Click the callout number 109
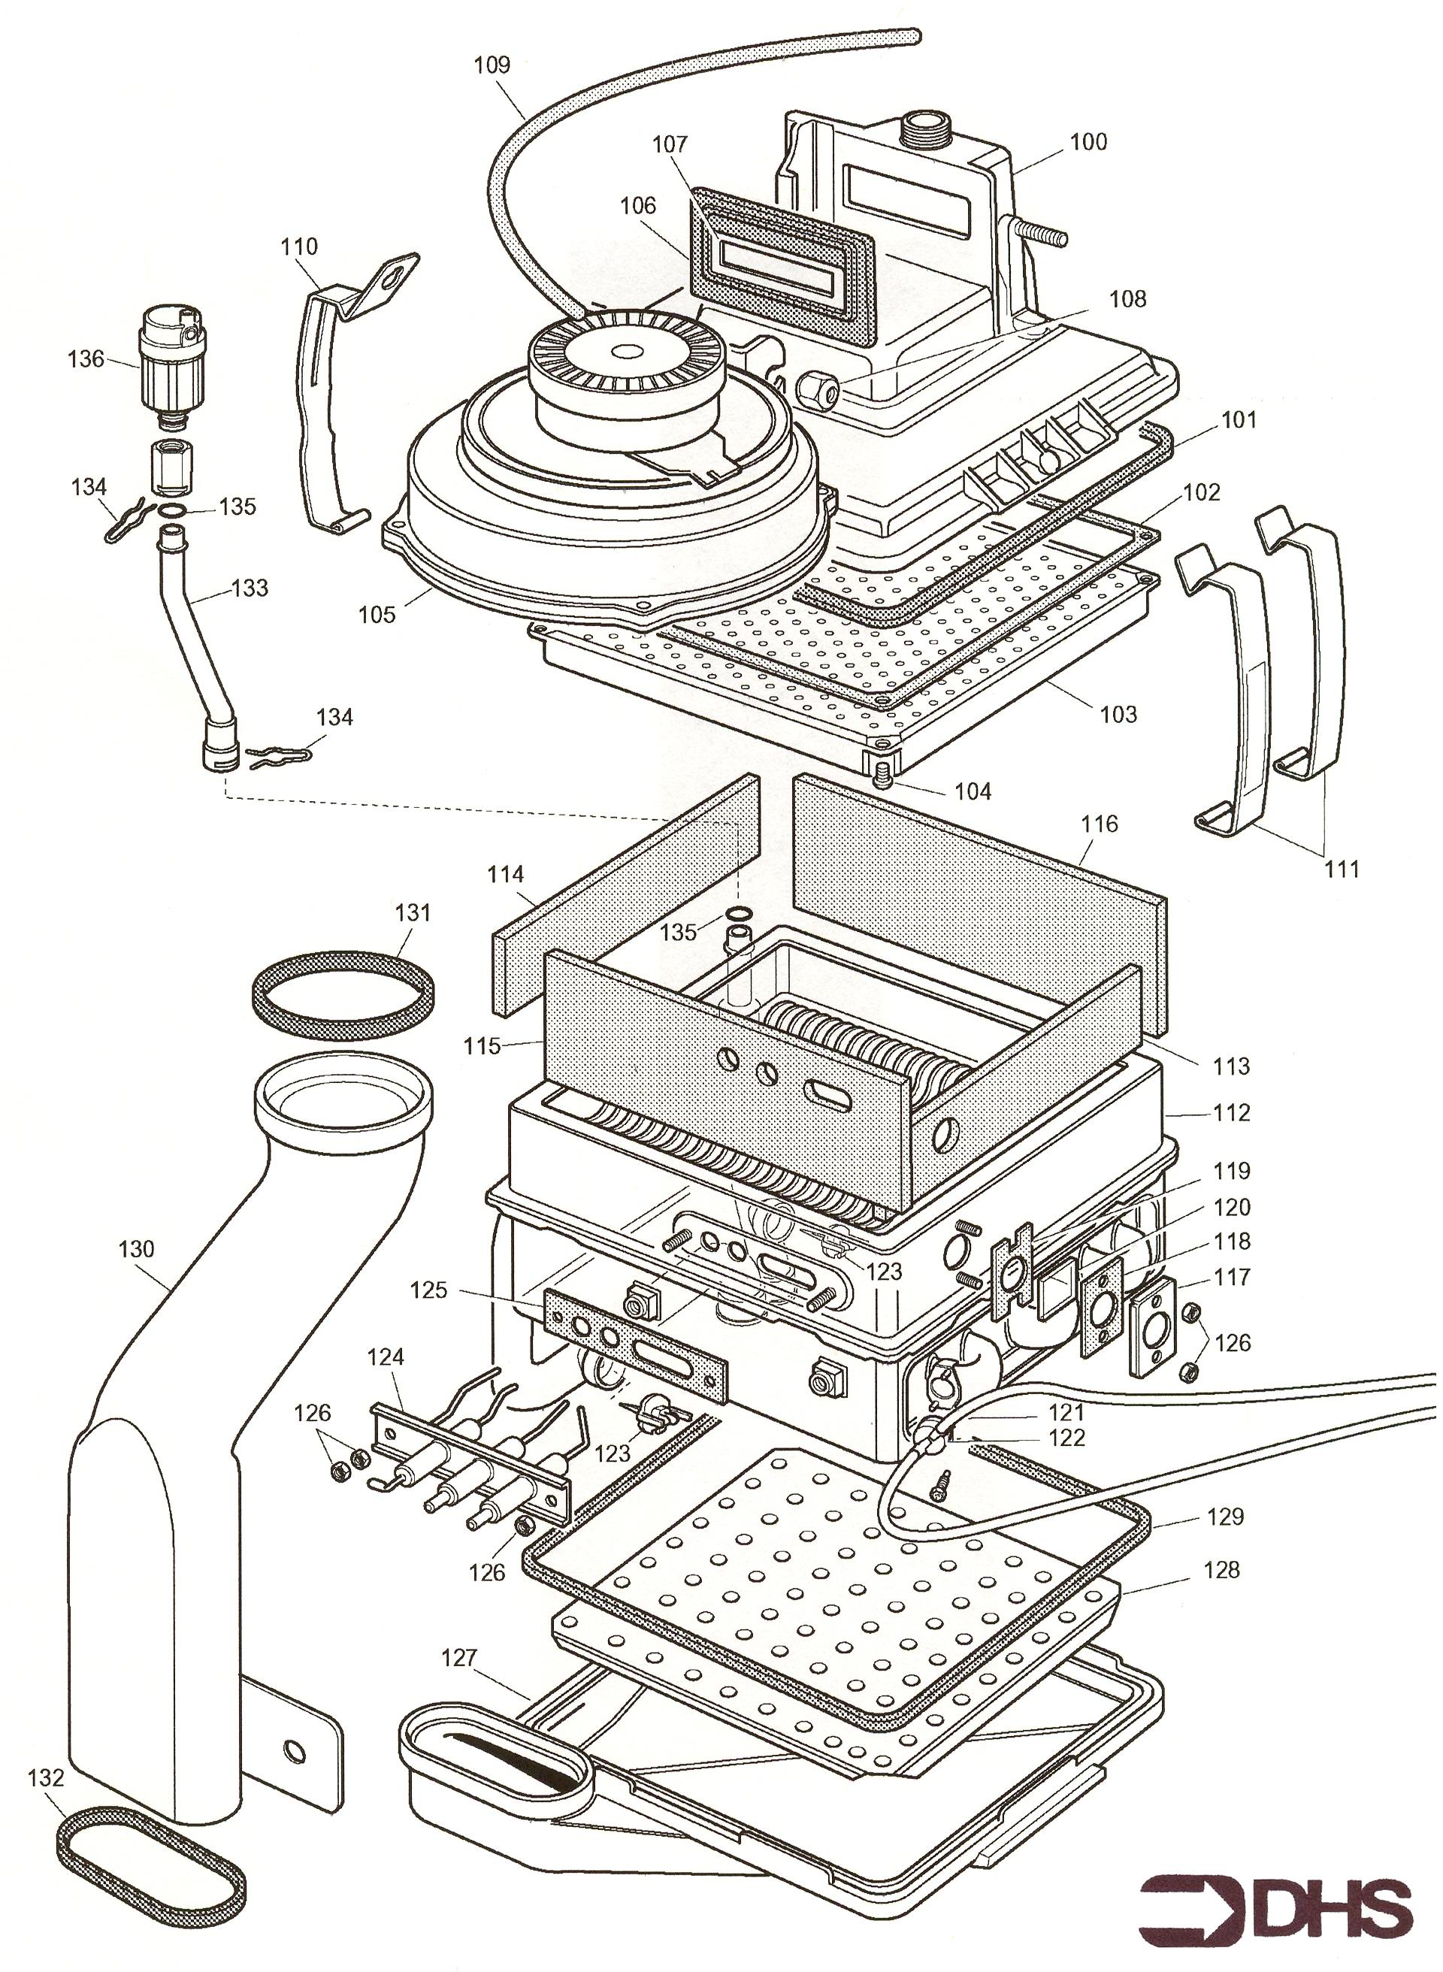click(492, 65)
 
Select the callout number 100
click(1088, 141)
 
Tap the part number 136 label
click(86, 359)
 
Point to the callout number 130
click(136, 1249)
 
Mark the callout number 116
click(1099, 824)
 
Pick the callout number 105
click(377, 614)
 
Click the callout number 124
click(386, 1357)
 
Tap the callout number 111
click(1342, 868)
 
